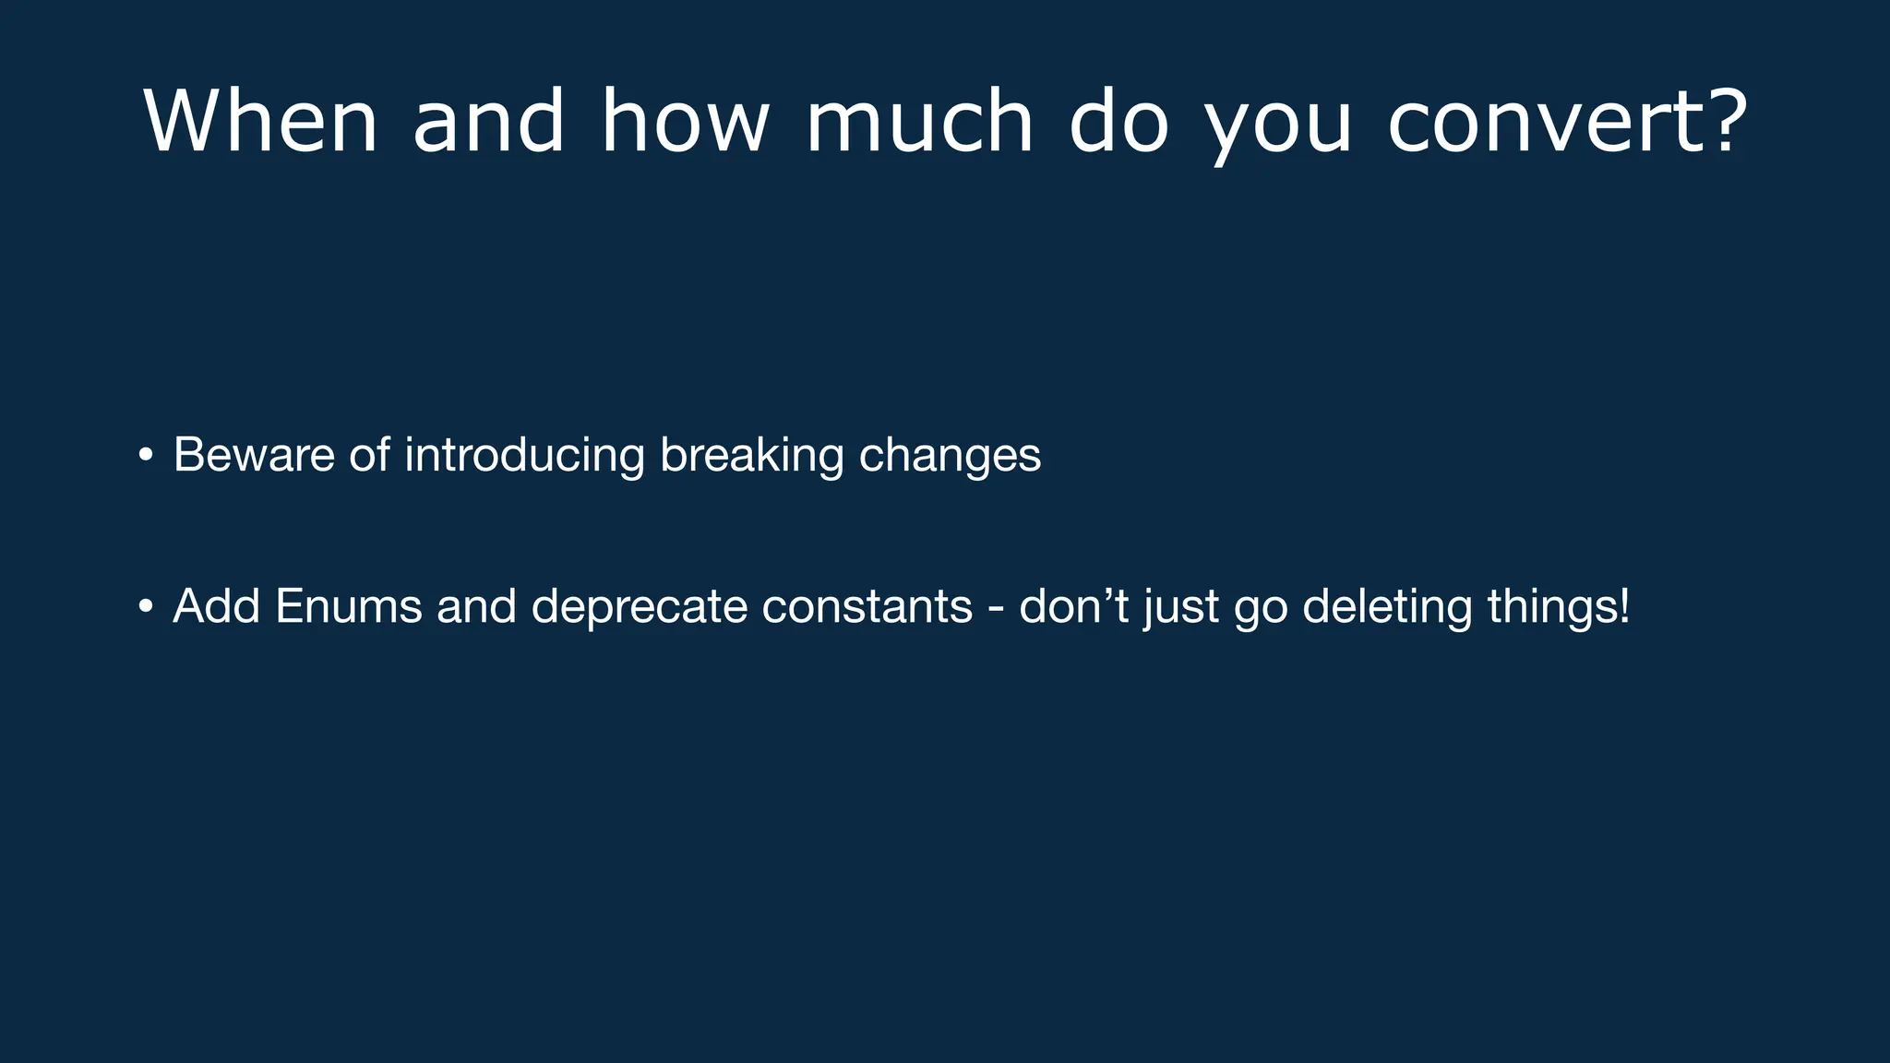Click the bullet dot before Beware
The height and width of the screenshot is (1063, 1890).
coord(146,455)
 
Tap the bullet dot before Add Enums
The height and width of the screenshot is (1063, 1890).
coord(146,606)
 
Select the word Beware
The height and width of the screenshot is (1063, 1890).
coord(254,455)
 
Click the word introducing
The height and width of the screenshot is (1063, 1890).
coord(524,455)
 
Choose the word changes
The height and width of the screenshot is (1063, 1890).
coord(950,457)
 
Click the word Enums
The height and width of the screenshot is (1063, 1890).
coord(348,606)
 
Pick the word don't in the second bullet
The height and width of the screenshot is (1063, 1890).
coord(1074,606)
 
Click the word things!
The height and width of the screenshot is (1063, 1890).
coord(1559,606)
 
